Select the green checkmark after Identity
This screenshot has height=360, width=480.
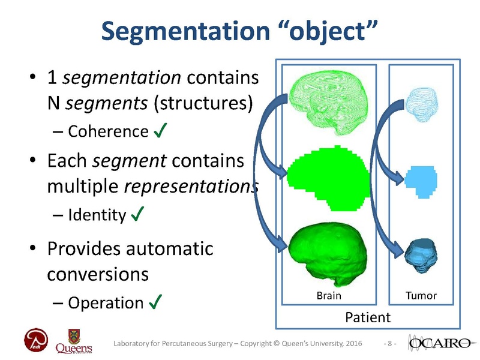tap(137, 214)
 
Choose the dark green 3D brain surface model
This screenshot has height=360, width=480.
tap(327, 252)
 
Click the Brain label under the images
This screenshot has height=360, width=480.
tap(329, 296)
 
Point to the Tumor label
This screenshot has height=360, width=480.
tap(422, 296)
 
